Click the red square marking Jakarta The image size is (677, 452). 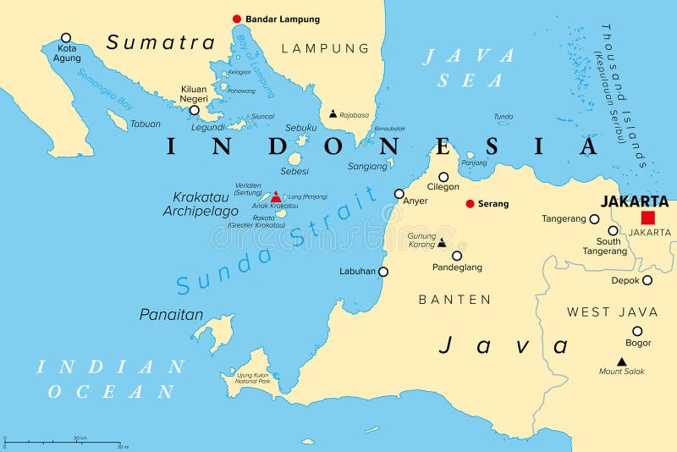click(x=647, y=217)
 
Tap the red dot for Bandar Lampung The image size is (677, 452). click(x=237, y=19)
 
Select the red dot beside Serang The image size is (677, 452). click(x=471, y=203)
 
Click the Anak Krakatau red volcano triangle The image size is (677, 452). click(x=275, y=196)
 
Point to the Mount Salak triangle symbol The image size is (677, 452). click(x=621, y=361)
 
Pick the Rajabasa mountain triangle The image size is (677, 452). click(x=333, y=113)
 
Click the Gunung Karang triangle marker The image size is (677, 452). click(x=441, y=242)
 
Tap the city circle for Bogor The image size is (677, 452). click(x=637, y=331)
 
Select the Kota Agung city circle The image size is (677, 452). click(x=66, y=37)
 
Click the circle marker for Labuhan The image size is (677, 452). click(x=383, y=272)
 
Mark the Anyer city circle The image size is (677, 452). click(x=399, y=194)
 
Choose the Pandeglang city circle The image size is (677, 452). click(x=457, y=256)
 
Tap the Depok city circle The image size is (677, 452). click(x=647, y=280)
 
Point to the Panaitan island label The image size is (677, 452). click(x=171, y=315)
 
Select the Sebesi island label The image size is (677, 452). click(x=294, y=170)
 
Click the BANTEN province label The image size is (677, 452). click(x=454, y=299)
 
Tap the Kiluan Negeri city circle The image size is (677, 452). click(x=194, y=110)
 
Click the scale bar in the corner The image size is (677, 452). click(x=64, y=441)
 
